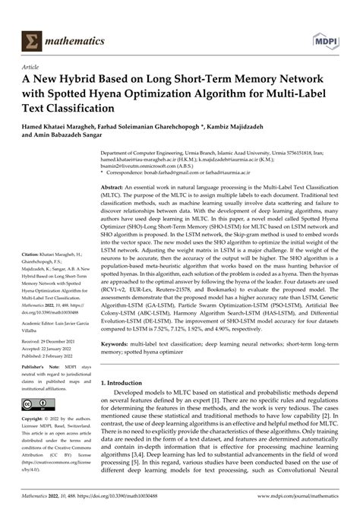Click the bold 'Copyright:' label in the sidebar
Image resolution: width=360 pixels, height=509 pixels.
tap(36, 419)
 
